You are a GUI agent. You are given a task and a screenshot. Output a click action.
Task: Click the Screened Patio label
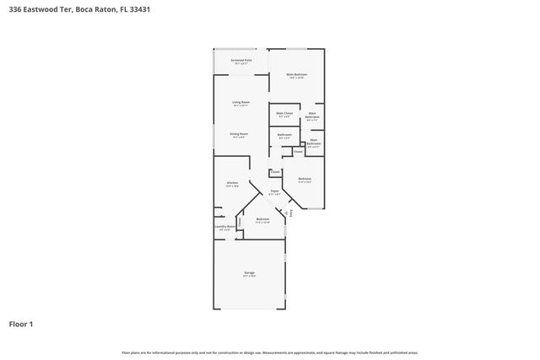[x=242, y=61]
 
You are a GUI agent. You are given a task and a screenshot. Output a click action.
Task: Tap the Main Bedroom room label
[x=296, y=76]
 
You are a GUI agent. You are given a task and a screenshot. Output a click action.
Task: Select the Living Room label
[x=242, y=103]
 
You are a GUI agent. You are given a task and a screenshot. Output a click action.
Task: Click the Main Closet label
[x=284, y=114]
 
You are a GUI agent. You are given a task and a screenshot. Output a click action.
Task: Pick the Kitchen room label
[x=232, y=183]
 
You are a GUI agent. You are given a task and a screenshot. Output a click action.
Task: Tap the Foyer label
[x=275, y=191]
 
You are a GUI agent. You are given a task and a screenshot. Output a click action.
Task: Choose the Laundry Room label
[x=224, y=227]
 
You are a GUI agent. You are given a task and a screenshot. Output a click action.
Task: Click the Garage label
[x=250, y=274]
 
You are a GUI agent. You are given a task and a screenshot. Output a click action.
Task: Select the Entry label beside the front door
[x=292, y=213]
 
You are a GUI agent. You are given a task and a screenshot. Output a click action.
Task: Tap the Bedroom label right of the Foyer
[x=305, y=179]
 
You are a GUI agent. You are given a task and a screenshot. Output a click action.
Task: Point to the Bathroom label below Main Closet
[x=284, y=135]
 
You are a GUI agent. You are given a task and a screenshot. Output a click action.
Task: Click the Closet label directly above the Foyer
[x=275, y=172]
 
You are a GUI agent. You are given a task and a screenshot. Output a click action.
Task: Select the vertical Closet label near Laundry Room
[x=240, y=222]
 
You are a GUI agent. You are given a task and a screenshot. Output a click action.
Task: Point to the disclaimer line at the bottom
[x=269, y=352]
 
